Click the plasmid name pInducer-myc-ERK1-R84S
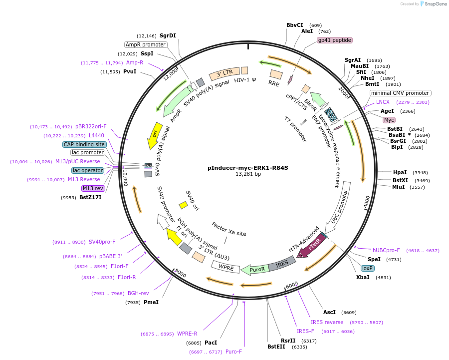[248, 168]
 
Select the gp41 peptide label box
[335, 40]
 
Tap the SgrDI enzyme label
[168, 35]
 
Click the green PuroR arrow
[255, 270]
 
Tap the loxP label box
[368, 268]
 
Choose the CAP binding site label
[84, 144]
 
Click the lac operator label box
[87, 170]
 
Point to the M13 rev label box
[93, 188]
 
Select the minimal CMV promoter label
[400, 93]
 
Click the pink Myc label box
[389, 120]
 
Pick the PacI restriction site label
[211, 343]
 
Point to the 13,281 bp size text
[248, 174]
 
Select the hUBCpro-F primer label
[386, 250]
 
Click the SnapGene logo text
[435, 4]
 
